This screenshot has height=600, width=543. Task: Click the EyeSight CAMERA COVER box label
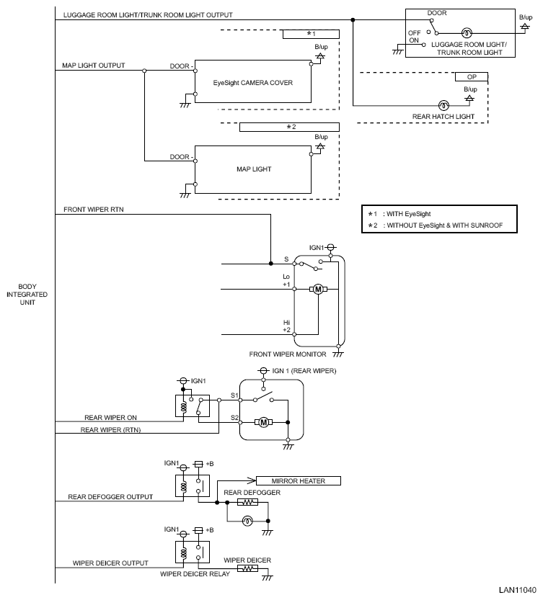click(x=253, y=83)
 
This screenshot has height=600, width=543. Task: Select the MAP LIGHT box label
click(x=254, y=169)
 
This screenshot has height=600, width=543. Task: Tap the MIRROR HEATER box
click(x=298, y=481)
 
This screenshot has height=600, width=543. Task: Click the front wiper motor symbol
click(x=318, y=290)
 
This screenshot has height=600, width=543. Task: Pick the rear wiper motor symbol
click(x=264, y=422)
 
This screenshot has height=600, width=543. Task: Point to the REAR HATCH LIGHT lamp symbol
click(x=443, y=105)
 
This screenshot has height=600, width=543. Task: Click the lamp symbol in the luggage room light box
click(x=466, y=33)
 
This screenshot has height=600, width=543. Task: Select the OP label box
click(x=472, y=77)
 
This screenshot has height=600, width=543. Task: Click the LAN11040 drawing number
click(x=518, y=590)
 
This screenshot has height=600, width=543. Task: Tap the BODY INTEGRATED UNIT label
click(x=27, y=295)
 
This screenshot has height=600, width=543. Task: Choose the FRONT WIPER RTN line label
click(x=94, y=210)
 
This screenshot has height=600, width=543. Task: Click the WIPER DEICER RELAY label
click(x=195, y=574)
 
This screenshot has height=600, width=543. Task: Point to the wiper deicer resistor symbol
click(x=247, y=568)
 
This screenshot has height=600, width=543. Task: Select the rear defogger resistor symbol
click(x=247, y=502)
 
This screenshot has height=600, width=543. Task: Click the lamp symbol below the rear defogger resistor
click(x=247, y=521)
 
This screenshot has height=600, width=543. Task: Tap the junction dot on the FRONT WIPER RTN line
click(x=271, y=264)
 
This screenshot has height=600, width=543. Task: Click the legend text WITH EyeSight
click(x=408, y=214)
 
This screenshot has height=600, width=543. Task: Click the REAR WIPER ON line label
click(x=110, y=418)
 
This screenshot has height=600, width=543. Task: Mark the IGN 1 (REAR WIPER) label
click(x=304, y=371)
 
